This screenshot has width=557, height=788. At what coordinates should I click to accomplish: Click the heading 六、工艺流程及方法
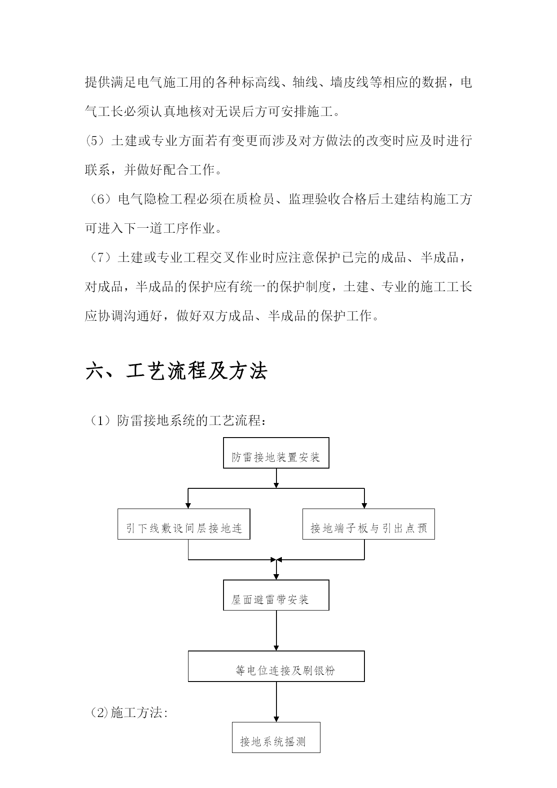176,371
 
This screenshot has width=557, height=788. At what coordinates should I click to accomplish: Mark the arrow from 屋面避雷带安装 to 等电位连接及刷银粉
276,630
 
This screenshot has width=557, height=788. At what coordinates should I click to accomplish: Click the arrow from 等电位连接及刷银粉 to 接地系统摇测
276,702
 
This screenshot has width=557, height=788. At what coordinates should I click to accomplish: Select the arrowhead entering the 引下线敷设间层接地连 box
188,505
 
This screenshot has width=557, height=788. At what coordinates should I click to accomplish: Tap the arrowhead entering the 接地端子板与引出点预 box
364,505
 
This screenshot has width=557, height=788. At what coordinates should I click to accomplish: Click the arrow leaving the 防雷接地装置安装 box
276,478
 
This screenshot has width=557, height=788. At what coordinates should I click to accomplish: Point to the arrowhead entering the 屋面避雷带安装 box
276,576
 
